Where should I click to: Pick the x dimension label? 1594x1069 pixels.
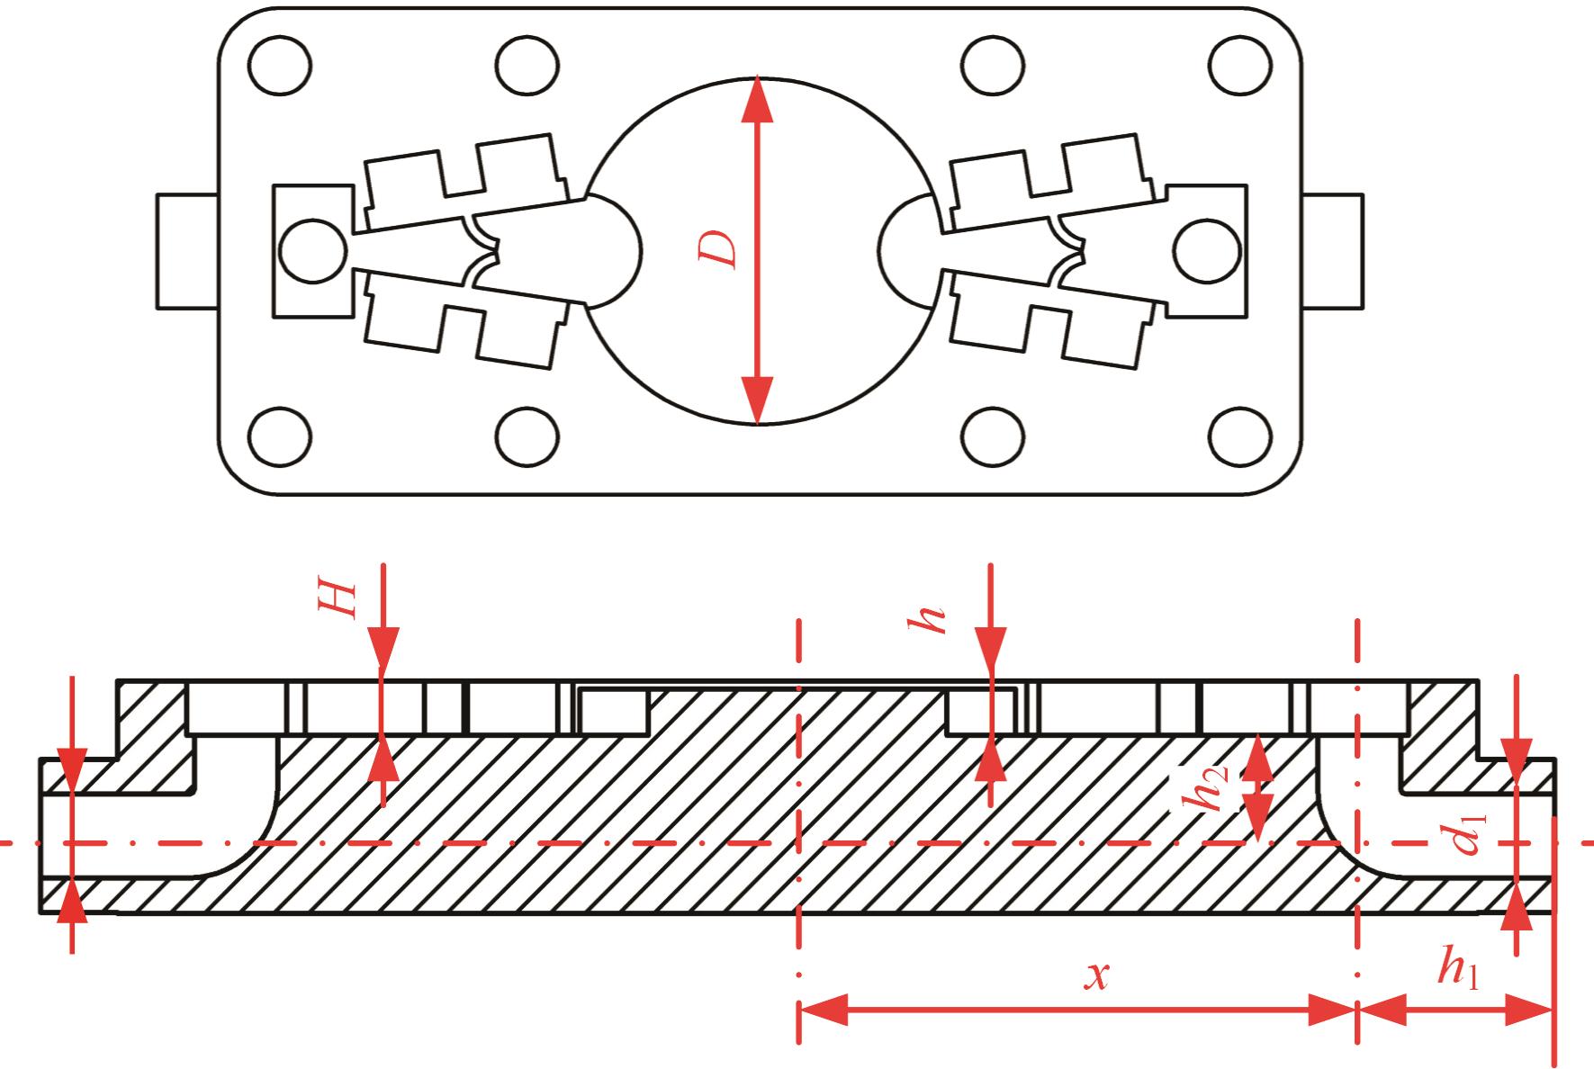(x=1095, y=976)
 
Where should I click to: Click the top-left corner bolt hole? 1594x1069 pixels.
(x=280, y=66)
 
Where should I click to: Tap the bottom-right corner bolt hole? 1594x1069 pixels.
(x=1239, y=438)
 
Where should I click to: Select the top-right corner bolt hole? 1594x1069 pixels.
(x=1239, y=66)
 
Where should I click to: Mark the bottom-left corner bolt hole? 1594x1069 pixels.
(x=280, y=438)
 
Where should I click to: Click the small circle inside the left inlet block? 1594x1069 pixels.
(x=312, y=250)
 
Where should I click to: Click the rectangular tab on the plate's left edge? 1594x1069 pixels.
(x=187, y=251)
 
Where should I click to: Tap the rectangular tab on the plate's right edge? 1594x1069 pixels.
(x=1331, y=251)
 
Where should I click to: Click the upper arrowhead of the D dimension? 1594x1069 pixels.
(x=758, y=99)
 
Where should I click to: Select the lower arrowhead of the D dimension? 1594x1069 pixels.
(x=758, y=400)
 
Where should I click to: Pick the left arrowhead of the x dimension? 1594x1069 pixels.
(x=823, y=1011)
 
